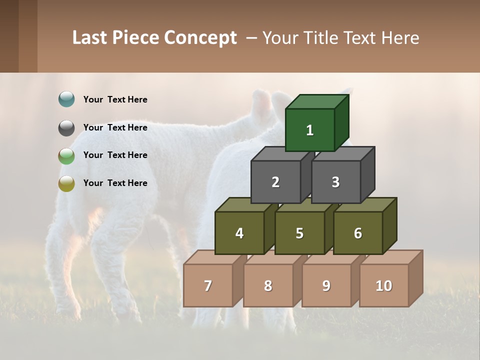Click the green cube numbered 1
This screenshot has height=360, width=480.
click(310, 130)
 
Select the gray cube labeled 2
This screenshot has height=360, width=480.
click(275, 182)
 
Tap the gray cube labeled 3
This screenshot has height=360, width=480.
click(335, 182)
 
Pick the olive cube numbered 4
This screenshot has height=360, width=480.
click(239, 233)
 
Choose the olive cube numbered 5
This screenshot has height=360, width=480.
click(299, 233)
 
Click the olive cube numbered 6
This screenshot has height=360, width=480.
click(358, 233)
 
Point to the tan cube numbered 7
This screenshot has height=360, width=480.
click(208, 285)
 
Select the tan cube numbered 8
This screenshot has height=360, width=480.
click(268, 285)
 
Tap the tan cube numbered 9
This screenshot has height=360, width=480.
click(326, 285)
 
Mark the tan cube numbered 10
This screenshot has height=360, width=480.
click(383, 285)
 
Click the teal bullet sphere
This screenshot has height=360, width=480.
click(66, 99)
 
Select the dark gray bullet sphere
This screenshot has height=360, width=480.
click(66, 128)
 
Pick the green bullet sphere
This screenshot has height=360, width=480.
click(66, 156)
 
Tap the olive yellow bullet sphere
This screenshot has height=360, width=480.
click(66, 183)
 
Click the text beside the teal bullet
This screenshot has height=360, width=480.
click(115, 99)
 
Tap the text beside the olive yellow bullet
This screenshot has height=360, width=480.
click(115, 183)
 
